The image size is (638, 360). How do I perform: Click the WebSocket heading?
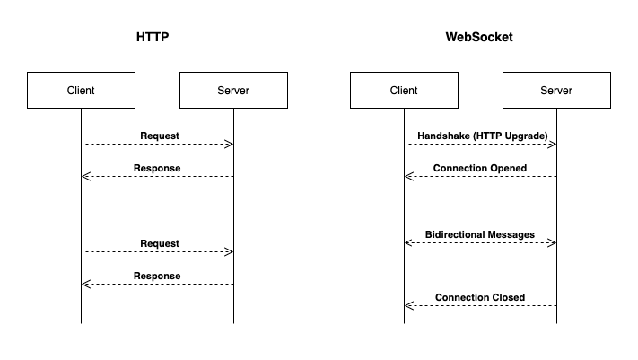(479, 39)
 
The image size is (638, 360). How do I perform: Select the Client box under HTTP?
(81, 91)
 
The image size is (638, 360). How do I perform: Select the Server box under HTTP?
(233, 91)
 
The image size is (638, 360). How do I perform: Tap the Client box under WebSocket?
(404, 91)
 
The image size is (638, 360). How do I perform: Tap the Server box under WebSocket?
(556, 91)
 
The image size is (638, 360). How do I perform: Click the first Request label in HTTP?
(160, 136)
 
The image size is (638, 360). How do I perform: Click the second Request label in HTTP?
(160, 243)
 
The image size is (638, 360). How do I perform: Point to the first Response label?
(157, 168)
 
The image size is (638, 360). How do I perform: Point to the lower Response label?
(157, 276)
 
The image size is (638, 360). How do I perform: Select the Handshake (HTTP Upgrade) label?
(482, 136)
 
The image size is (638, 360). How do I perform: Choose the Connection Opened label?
(480, 168)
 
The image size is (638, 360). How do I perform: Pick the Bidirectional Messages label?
(480, 234)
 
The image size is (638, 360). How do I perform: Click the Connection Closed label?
(480, 297)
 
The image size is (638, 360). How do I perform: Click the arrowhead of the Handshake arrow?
(552, 145)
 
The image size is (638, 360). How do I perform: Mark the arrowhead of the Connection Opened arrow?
(408, 177)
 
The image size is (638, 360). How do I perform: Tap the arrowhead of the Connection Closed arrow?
(408, 306)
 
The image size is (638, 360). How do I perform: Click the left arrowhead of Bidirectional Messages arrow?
(408, 243)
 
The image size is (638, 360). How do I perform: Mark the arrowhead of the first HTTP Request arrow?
(229, 145)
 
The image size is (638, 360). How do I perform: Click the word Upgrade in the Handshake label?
(524, 136)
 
